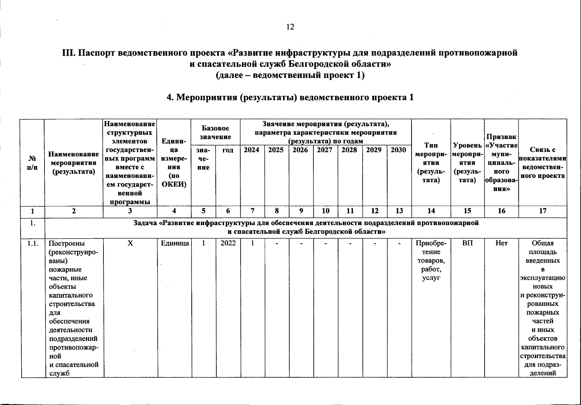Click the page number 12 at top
(x=290, y=27)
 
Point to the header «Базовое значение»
(x=216, y=133)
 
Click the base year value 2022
(x=228, y=243)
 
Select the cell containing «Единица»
(x=175, y=243)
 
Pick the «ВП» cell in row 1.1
(x=467, y=243)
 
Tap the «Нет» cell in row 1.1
(x=501, y=243)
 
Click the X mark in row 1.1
(x=130, y=243)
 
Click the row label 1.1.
(x=33, y=243)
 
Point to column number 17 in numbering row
(x=543, y=211)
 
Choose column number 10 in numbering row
(x=326, y=211)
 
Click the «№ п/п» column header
(x=32, y=163)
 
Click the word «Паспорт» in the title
(x=103, y=53)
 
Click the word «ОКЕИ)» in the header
(x=174, y=185)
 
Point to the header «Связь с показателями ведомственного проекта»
(x=543, y=163)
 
